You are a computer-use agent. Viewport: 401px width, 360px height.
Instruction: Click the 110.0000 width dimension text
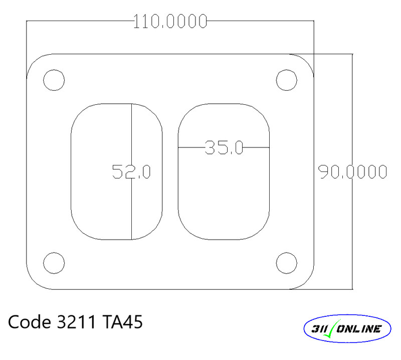[x=170, y=22]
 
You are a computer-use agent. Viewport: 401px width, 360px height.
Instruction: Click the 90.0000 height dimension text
[x=352, y=172]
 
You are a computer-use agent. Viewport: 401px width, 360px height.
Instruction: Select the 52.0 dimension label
[x=131, y=172]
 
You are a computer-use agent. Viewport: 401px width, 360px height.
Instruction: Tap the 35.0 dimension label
[x=224, y=147]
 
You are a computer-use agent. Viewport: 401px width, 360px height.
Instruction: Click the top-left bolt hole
[x=54, y=80]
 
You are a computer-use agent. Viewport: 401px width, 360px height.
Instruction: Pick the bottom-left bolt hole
[x=54, y=262]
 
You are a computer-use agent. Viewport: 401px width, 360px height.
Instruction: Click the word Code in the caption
[x=28, y=322]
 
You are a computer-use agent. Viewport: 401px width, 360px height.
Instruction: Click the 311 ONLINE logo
[x=348, y=329]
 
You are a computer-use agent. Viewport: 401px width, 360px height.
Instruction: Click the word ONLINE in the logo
[x=360, y=329]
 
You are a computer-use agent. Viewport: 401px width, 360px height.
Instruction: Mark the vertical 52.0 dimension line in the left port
[x=131, y=211]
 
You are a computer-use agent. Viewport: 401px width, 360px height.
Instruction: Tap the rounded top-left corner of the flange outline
[x=34, y=61]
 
